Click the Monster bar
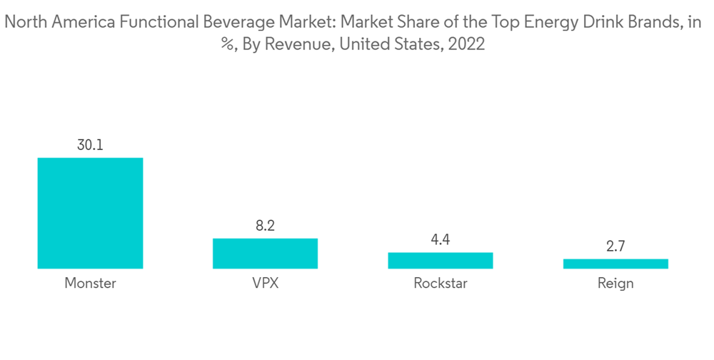coord(90,213)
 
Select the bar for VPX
coord(265,254)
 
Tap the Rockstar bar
coord(441,260)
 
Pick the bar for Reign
coord(615,264)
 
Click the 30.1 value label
coord(90,145)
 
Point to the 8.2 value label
coord(265,226)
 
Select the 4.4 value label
coord(441,240)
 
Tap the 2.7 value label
coord(615,246)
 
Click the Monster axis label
coord(90,284)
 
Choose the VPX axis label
coord(265,284)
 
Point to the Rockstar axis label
coord(441,284)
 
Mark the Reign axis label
coord(615,284)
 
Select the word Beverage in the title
coord(235,24)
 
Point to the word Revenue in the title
coord(304,44)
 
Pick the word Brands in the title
coord(651,24)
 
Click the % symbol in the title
coord(228,44)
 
